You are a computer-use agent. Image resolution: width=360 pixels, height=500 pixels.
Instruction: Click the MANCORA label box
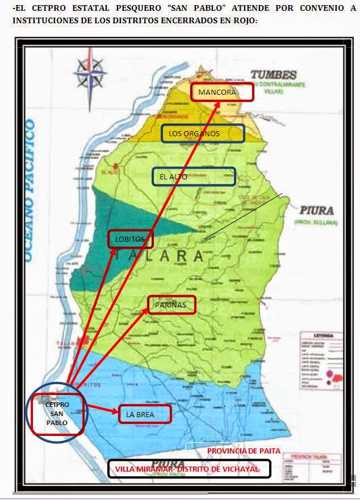(x=222, y=92)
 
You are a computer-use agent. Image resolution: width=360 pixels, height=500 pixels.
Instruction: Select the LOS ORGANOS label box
(x=203, y=133)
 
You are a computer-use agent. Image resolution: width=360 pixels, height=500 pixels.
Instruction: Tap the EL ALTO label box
(x=194, y=177)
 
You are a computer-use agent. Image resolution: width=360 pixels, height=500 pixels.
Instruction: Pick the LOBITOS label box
(x=131, y=239)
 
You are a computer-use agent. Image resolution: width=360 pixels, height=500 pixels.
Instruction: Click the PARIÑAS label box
(x=171, y=305)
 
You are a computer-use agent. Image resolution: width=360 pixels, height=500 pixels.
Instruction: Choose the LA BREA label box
(x=144, y=414)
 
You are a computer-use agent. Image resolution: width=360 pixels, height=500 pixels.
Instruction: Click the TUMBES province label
(x=274, y=75)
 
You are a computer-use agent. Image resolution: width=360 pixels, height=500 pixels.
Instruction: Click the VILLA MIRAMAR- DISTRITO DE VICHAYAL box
(x=189, y=469)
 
